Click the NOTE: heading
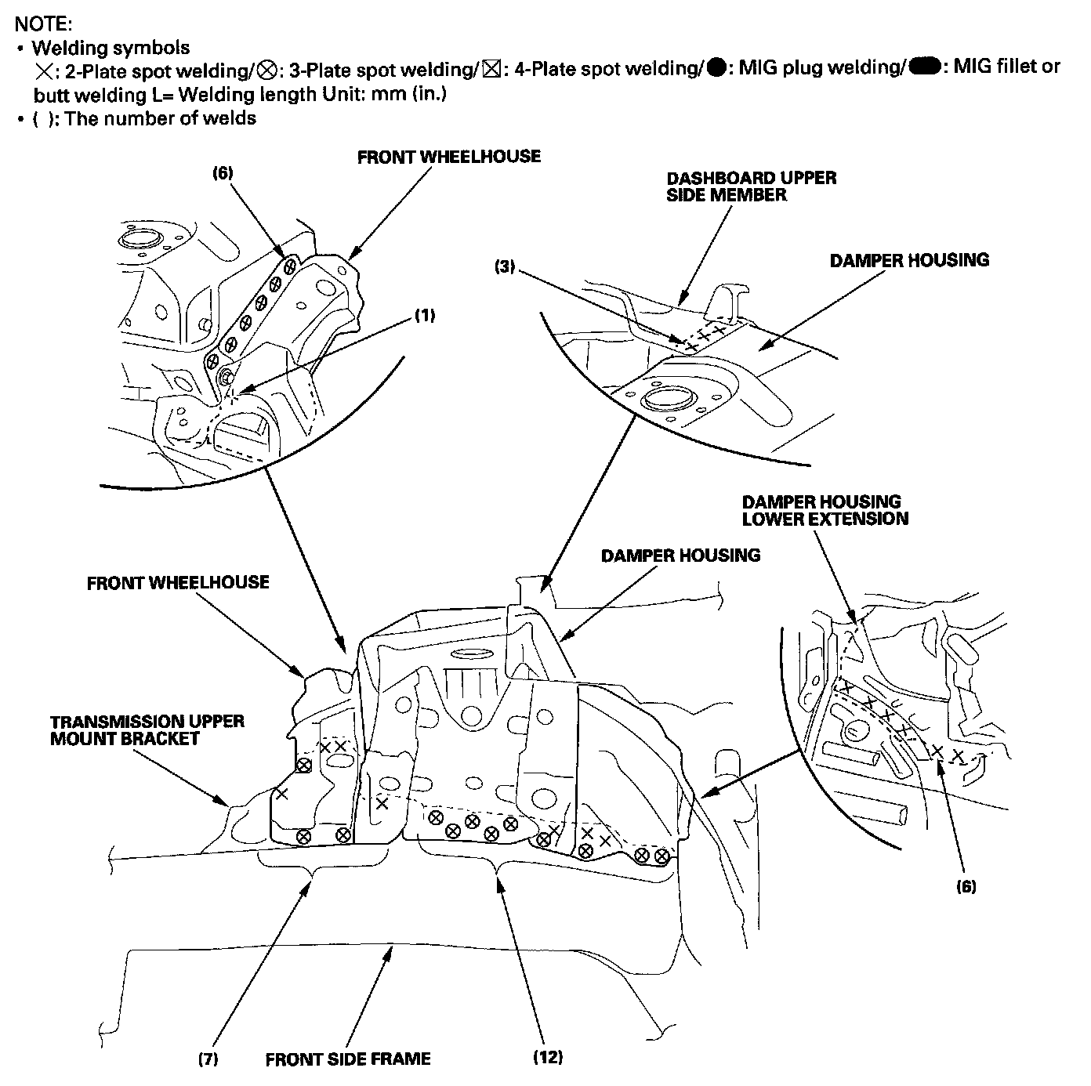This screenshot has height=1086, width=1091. pos(43,24)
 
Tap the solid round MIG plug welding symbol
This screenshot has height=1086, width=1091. pos(716,68)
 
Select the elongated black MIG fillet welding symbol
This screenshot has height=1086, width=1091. pos(924,67)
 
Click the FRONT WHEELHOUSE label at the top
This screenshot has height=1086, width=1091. pos(449,157)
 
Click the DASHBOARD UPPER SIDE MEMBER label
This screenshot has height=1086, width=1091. pos(752,186)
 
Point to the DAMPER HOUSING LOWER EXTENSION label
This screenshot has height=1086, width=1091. pos(825,510)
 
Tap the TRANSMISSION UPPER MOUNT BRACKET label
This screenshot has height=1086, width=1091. pos(147,729)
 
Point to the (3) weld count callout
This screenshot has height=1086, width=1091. pos(505,266)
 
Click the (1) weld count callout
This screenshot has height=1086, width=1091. pos(425,315)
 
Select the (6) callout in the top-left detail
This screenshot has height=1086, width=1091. pos(223,172)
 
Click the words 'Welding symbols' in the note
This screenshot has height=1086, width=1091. pos(111,48)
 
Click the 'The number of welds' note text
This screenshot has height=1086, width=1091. pos(160,118)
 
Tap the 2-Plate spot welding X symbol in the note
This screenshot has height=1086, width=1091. pos(44,71)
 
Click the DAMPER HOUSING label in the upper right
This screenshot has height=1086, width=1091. pos(909,260)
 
